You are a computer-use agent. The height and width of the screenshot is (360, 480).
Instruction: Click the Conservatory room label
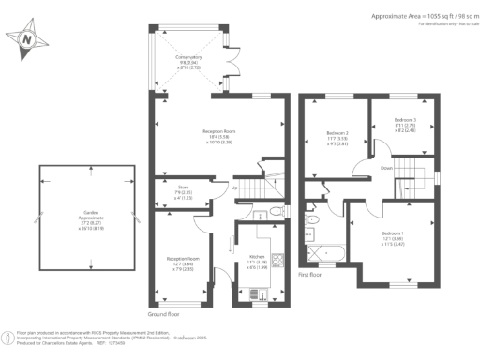coord(189,63)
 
